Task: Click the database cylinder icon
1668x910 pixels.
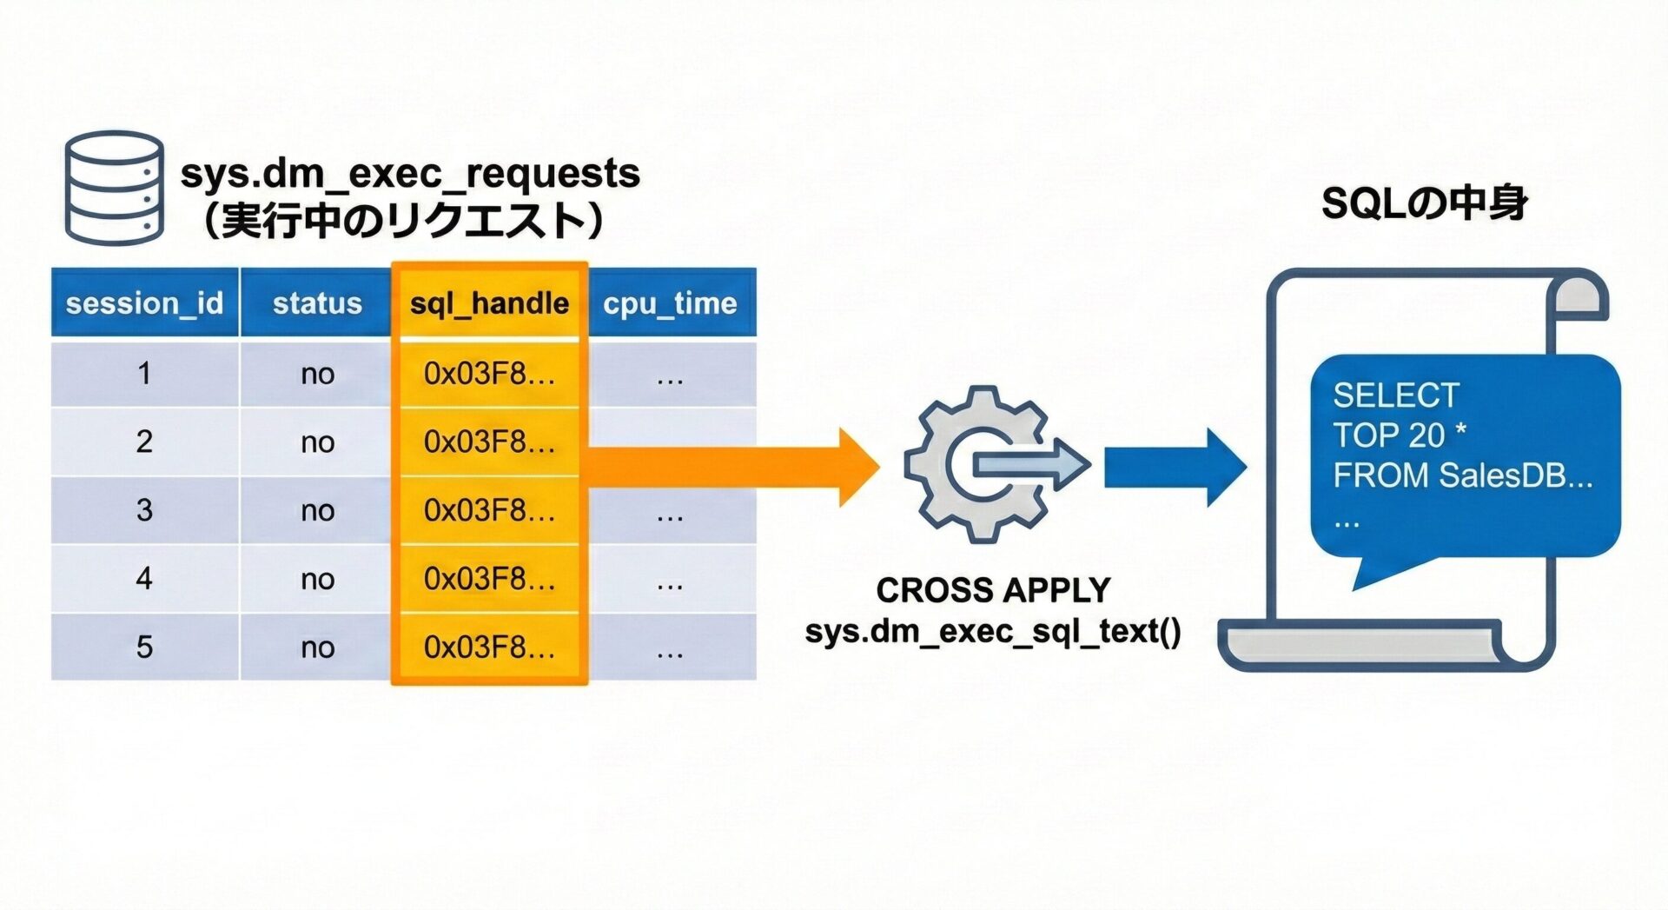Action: click(114, 188)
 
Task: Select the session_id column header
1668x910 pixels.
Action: click(144, 303)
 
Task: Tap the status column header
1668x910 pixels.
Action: click(317, 303)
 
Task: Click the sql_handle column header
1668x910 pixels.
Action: click(489, 303)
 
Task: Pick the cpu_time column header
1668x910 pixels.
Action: click(670, 303)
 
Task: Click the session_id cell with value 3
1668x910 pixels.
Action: click(144, 510)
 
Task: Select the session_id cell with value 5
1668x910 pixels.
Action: click(144, 647)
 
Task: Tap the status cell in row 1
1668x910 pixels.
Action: click(317, 374)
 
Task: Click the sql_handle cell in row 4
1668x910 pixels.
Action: click(489, 578)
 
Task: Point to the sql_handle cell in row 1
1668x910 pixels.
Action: click(489, 374)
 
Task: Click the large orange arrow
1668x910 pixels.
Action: click(738, 467)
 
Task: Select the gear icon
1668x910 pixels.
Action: click(977, 465)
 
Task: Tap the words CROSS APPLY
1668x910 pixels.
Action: click(993, 590)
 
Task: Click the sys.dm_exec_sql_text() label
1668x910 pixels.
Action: click(993, 631)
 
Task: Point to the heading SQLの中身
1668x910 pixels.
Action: click(1424, 203)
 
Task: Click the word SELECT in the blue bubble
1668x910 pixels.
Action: click(1395, 395)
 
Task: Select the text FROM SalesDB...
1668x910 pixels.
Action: click(1462, 475)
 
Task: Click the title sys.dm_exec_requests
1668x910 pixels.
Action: click(410, 173)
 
